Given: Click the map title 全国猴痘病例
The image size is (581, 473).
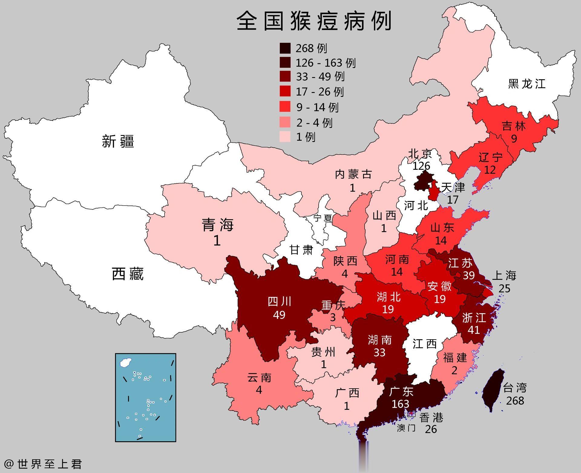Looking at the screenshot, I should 314,21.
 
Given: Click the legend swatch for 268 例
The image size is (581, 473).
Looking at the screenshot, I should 285,48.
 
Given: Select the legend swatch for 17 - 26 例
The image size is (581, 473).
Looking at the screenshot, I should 285,91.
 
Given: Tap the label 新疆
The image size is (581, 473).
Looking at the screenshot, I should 118,141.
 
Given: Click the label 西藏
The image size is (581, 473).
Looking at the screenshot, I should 127,274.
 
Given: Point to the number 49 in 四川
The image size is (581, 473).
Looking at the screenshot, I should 279,315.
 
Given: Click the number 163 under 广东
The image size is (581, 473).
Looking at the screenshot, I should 400,404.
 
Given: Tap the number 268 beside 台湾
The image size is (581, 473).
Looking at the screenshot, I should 515,401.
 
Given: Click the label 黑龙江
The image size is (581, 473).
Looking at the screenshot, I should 527,84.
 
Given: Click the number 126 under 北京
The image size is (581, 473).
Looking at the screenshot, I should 421,166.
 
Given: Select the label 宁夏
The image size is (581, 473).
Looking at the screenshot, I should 323,218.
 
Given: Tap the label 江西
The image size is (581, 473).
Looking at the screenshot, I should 425,343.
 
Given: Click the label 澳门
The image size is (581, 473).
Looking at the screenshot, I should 406,428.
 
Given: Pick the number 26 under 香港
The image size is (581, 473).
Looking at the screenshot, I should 431,429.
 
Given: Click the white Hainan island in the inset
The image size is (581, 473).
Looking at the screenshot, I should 124,363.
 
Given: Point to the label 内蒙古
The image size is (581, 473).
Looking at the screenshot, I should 353,174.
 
